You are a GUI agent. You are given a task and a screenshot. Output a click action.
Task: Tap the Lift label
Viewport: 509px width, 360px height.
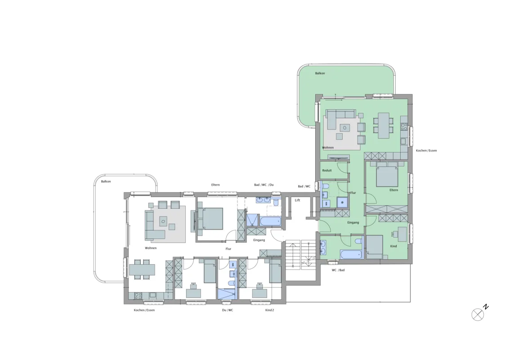297,200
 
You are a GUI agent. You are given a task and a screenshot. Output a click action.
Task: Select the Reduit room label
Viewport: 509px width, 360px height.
327,170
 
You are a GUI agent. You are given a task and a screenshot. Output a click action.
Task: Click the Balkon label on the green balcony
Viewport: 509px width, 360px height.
320,73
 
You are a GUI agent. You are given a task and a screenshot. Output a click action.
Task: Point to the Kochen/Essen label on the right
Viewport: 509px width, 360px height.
426,150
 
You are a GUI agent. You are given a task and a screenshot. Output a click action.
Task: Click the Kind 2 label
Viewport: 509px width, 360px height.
269,310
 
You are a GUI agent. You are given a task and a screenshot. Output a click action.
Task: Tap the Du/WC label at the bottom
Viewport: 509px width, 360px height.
228,310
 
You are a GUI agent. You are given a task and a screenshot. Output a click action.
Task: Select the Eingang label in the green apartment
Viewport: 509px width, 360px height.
353,223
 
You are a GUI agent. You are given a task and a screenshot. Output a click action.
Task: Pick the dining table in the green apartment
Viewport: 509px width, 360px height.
384,125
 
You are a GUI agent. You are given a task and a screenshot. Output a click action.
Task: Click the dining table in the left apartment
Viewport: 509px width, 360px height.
142,270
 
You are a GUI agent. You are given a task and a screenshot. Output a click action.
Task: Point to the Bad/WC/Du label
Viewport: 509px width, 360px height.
263,185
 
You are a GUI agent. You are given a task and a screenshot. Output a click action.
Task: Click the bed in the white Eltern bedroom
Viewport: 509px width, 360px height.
210,218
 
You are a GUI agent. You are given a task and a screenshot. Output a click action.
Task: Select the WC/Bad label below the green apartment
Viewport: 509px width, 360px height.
338,270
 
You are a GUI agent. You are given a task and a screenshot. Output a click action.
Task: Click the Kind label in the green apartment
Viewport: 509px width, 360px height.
393,246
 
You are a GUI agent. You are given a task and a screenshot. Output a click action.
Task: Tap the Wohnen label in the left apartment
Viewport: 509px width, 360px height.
151,248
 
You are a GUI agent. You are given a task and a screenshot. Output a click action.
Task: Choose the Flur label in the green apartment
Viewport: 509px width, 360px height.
353,193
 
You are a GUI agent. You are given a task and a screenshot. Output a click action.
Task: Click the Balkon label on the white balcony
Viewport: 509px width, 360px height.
106,181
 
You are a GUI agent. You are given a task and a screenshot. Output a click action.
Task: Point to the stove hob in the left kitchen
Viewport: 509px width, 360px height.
138,296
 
